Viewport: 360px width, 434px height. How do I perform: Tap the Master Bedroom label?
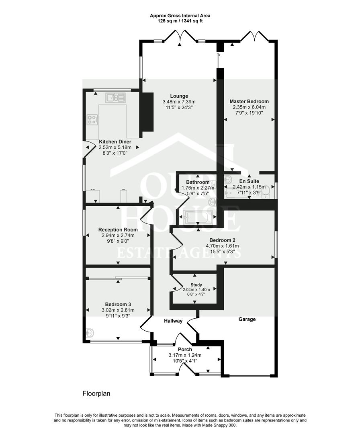[x=249, y=101]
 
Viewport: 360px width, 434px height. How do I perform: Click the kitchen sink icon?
[x=115, y=97]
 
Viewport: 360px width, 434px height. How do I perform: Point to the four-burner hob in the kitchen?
[x=92, y=119]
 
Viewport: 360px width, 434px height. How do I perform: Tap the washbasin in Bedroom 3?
[x=90, y=333]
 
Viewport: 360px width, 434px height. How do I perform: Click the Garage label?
[x=247, y=319]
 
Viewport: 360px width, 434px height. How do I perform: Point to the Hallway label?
[x=173, y=321]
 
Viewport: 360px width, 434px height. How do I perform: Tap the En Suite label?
[x=249, y=181]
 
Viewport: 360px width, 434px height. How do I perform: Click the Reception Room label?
[x=118, y=229]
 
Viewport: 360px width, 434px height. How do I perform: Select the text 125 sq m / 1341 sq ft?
[x=180, y=20]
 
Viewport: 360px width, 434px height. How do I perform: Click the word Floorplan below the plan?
[x=96, y=393]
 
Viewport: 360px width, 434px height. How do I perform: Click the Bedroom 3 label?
[x=118, y=304]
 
